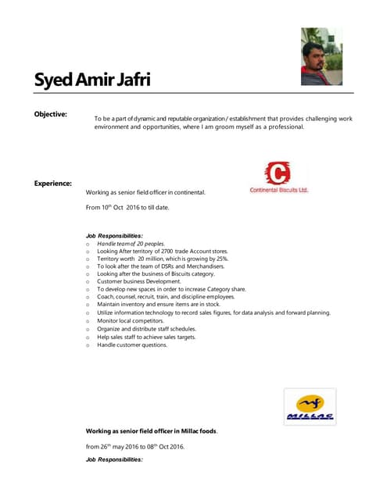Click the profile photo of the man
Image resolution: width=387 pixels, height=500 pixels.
tap(321, 56)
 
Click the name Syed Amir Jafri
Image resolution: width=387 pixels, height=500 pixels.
tap(92, 80)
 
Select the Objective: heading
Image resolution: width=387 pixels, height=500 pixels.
tap(50, 115)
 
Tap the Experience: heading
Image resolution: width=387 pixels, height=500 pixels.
tap(52, 184)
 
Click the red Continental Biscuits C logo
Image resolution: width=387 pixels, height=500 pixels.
tap(278, 173)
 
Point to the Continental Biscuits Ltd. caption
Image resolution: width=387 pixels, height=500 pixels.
tap(279, 190)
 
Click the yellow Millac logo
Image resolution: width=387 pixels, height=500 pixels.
tap(310, 407)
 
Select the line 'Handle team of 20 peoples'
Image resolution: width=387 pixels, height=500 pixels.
tap(131, 244)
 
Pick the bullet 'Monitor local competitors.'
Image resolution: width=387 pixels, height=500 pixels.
tap(131, 320)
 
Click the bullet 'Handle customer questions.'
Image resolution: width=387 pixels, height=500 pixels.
tap(132, 344)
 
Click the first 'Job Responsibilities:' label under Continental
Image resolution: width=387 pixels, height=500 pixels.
tap(114, 235)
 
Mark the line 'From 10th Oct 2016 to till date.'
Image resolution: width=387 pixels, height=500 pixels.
tap(127, 208)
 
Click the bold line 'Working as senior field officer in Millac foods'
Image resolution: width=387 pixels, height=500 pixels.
tap(152, 430)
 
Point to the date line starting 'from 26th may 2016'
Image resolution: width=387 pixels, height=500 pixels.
tap(135, 446)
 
